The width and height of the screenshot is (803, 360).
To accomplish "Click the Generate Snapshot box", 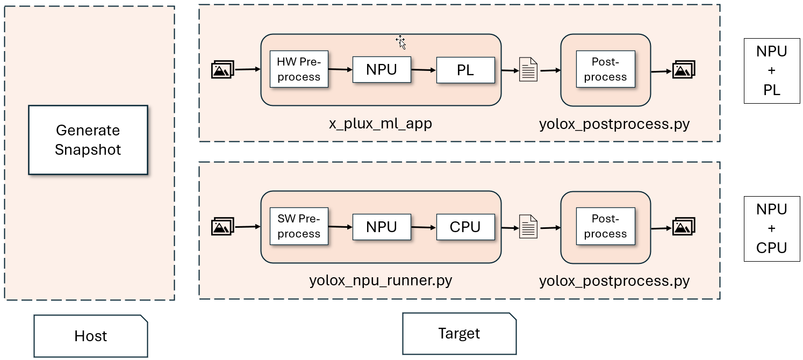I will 88,140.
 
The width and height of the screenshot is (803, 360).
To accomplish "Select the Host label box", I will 90,336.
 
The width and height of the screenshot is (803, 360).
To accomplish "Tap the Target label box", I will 459,333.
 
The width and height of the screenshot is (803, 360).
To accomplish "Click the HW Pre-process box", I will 299,70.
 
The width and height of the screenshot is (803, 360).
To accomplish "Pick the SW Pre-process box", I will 299,227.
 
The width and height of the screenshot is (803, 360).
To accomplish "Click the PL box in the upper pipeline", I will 465,70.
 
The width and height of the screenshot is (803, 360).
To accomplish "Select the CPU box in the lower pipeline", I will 465,227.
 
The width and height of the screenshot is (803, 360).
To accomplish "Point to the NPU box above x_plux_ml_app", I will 382,70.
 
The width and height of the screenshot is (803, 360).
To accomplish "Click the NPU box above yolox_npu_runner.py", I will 382,227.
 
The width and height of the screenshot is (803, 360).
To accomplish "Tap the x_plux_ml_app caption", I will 381,124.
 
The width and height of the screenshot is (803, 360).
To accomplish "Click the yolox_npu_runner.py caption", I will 381,280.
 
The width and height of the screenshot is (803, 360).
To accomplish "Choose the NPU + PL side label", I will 771,71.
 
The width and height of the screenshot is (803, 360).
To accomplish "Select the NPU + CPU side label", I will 771,228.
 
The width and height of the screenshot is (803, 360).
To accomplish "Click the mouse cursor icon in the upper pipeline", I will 400,41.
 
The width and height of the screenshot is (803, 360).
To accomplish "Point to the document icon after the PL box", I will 528,70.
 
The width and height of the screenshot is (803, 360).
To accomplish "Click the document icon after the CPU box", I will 528,227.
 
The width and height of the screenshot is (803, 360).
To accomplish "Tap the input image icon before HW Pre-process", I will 223,70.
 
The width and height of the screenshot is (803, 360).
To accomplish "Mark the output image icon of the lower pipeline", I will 684,227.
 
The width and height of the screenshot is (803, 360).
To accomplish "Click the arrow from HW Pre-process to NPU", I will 340,69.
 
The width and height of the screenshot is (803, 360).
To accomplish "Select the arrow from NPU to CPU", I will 424,227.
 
